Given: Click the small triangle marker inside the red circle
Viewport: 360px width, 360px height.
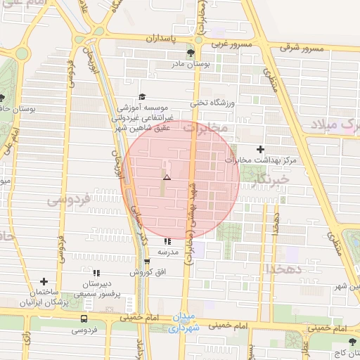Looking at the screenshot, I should (167, 177).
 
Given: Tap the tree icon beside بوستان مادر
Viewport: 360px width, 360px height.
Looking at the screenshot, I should (191, 53).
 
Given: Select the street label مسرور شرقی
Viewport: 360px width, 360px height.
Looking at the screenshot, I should (301, 48).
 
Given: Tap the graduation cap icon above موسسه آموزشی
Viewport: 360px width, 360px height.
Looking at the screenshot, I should (143, 97).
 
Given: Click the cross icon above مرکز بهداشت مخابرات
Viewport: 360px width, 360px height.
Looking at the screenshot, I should (261, 149).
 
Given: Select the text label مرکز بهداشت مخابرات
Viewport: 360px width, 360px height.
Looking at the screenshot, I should (261, 160).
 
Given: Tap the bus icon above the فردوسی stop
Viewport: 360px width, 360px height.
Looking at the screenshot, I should (84, 319).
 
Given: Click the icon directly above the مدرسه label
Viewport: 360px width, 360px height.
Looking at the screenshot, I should (167, 241).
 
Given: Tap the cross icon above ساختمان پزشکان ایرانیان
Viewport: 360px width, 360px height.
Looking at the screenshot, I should (44, 281).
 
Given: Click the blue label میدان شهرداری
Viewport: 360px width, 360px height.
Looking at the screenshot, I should (185, 323).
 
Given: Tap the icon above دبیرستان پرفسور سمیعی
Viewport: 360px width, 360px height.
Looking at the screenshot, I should (96, 272).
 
